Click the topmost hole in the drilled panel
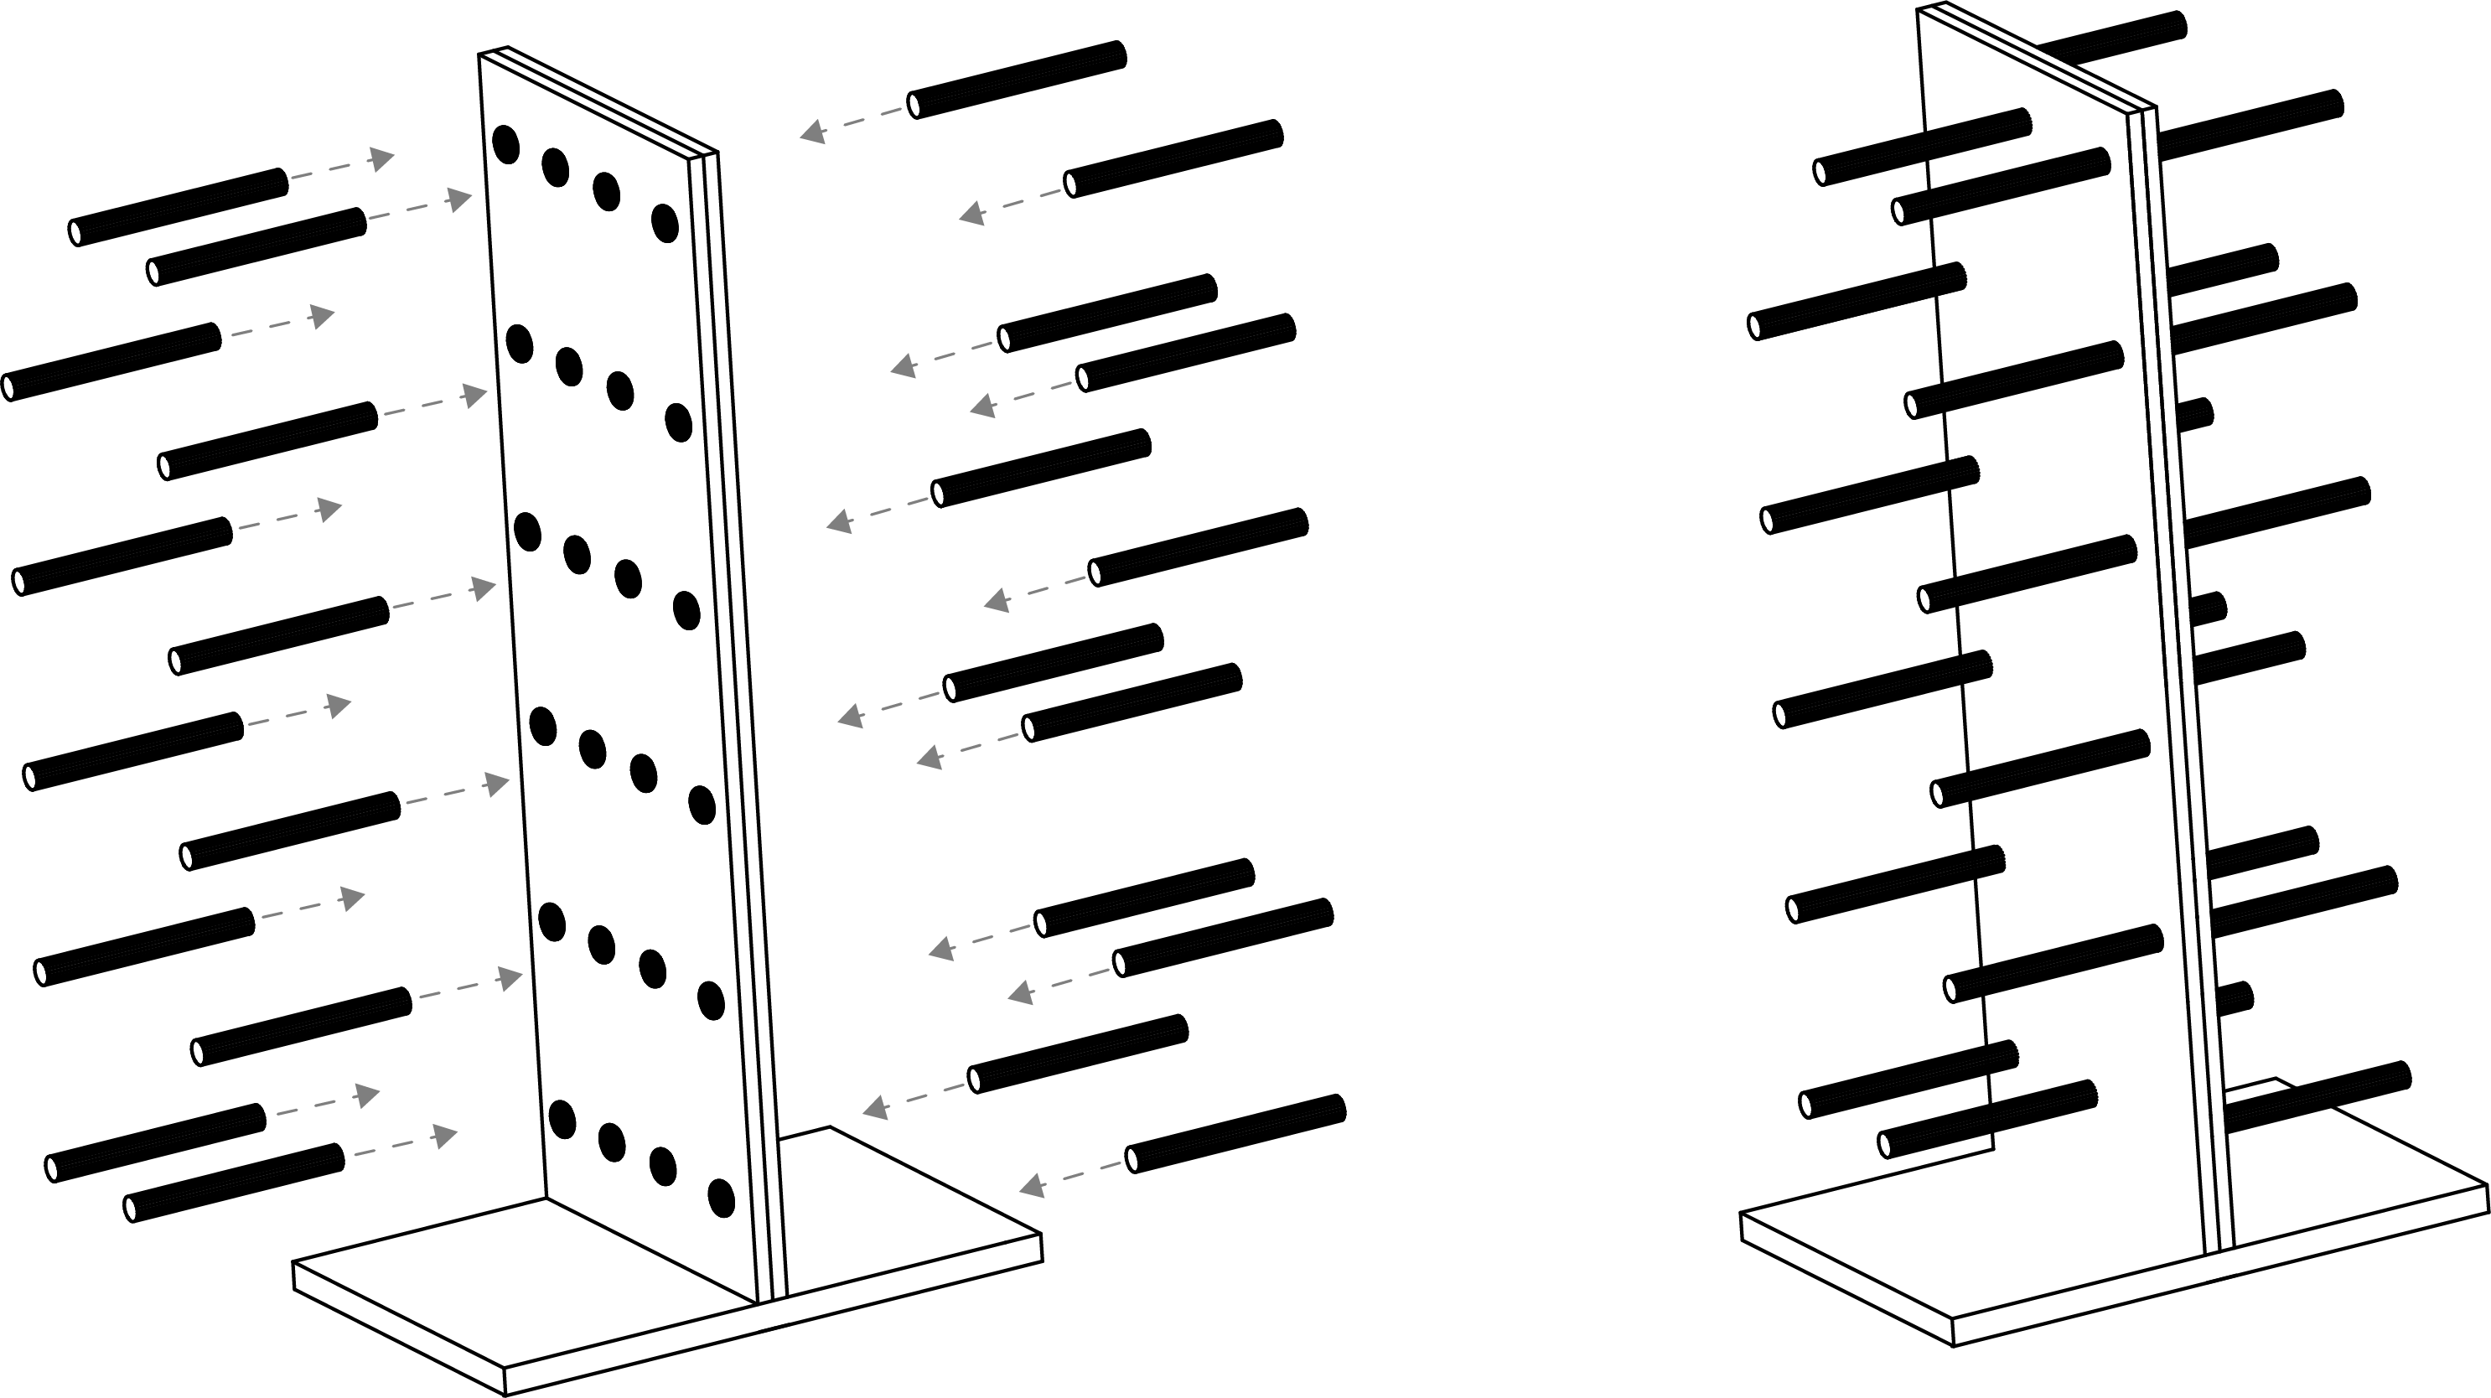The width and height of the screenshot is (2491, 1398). [x=505, y=144]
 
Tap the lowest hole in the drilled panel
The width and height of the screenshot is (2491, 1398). [x=722, y=1198]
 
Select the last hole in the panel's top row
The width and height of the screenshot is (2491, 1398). [x=665, y=223]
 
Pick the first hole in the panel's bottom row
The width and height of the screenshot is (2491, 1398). [x=562, y=1119]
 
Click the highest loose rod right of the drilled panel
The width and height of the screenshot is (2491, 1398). [x=1018, y=80]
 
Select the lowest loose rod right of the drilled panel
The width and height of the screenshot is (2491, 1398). [x=1235, y=1133]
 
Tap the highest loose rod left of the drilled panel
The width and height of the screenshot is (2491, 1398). [x=179, y=207]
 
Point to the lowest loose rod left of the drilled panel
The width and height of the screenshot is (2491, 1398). [x=235, y=1183]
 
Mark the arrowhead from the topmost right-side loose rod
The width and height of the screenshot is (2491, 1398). [x=812, y=132]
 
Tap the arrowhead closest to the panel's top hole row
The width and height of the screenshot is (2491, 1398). [x=459, y=200]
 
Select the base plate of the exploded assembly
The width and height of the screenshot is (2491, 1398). [x=667, y=1286]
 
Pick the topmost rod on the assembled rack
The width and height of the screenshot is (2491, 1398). [x=2113, y=39]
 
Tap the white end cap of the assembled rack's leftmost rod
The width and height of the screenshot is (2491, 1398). [x=1754, y=327]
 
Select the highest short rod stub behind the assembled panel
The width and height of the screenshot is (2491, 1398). [x=2224, y=269]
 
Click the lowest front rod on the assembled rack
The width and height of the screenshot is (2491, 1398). [x=1987, y=1119]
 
